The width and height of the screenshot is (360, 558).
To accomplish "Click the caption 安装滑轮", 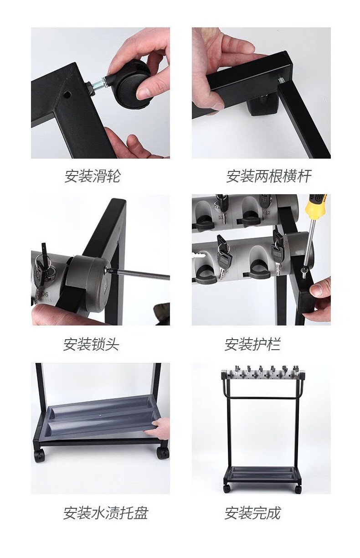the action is pos(93,176).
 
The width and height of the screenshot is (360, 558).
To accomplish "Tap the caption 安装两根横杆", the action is pos(268,176).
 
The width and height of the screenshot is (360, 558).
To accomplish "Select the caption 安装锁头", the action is pos(91,345).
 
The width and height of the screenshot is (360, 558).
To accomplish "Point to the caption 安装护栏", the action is pos(252,345).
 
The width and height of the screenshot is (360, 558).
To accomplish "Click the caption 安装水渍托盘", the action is pos(106,513).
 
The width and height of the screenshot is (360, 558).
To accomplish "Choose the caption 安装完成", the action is pos(252,513).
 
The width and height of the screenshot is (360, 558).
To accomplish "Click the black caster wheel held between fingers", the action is pos(133,83).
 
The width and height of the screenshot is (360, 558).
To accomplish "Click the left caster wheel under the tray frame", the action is pos(39,456).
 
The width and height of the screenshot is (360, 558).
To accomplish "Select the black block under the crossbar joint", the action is pos(262,105).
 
